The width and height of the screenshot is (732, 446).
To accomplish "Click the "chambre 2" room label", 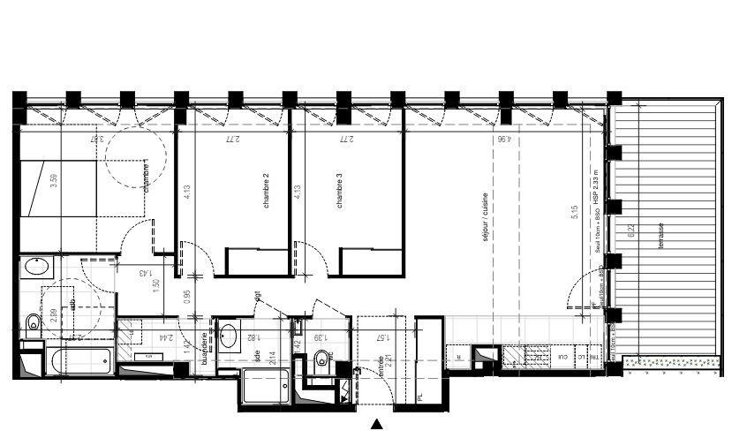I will [x=266, y=190].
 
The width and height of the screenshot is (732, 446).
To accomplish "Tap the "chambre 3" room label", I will [x=340, y=191].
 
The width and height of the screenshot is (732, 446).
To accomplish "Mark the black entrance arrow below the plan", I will [x=377, y=425].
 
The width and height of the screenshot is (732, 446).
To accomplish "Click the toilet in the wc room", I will [x=321, y=358].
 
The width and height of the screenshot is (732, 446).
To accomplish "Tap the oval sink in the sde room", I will [x=228, y=335].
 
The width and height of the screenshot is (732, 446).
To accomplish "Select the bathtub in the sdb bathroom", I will [x=78, y=360].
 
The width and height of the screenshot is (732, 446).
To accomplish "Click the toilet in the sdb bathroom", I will [x=33, y=322].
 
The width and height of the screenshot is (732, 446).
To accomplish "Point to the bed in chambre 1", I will [x=58, y=188].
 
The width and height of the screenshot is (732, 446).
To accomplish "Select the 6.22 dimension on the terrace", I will [x=630, y=233].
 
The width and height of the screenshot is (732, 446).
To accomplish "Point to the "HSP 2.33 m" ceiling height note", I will [x=596, y=187].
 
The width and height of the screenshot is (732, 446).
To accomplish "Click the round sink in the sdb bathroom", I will [x=37, y=266].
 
